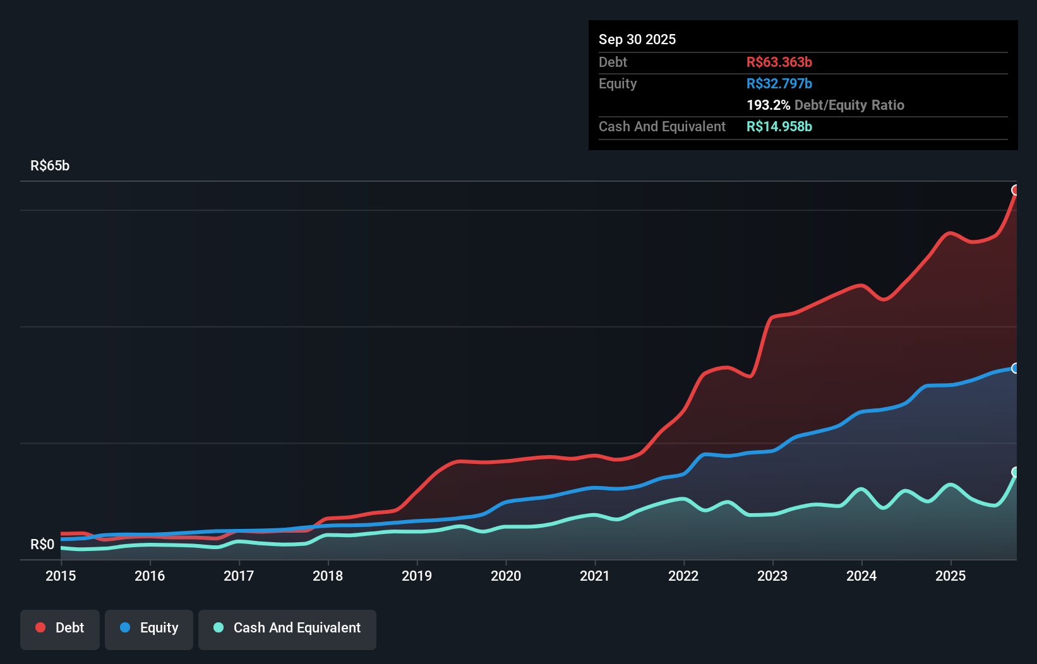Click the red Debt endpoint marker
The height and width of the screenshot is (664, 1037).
coord(1016,190)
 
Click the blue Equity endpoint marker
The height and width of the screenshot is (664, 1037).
coord(1016,368)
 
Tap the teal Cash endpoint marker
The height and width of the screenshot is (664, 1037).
coord(1016,472)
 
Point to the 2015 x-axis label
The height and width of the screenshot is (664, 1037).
coord(61,576)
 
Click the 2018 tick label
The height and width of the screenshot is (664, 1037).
coord(328,576)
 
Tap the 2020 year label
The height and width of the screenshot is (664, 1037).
coord(506,576)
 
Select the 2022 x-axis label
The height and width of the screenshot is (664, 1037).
coord(683,576)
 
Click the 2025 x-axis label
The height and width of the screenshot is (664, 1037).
coord(950,576)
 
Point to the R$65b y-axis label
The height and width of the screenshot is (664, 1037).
coord(50,165)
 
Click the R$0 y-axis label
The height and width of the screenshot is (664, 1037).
coord(42,544)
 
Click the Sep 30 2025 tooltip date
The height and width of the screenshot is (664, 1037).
coord(637,39)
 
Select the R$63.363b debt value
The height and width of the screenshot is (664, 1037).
coord(779,62)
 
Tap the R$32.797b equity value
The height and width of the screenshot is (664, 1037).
coord(779,83)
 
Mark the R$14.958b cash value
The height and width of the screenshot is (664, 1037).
coord(779,126)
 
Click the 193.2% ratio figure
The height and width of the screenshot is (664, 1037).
coord(768,105)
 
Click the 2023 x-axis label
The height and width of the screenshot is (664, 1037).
coord(772,576)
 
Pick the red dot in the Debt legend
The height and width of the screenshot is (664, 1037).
coord(40,627)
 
